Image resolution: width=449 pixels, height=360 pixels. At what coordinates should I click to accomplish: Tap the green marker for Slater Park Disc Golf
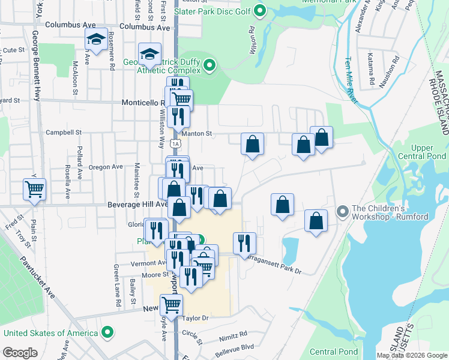click(260, 10)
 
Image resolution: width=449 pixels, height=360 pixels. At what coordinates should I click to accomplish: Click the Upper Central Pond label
click(430, 152)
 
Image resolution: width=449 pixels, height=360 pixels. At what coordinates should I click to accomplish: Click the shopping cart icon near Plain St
click(34, 189)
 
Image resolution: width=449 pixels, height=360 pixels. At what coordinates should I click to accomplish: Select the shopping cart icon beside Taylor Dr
click(172, 305)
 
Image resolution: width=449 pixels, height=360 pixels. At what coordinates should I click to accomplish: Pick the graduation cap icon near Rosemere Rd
click(96, 40)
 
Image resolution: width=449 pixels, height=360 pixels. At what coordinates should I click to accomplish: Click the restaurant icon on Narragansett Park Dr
click(244, 243)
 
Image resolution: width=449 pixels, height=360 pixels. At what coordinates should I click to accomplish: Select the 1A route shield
click(175, 143)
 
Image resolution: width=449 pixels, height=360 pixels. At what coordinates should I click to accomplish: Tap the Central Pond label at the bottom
click(334, 352)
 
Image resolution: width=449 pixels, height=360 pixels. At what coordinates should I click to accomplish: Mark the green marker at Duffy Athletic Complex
click(209, 65)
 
